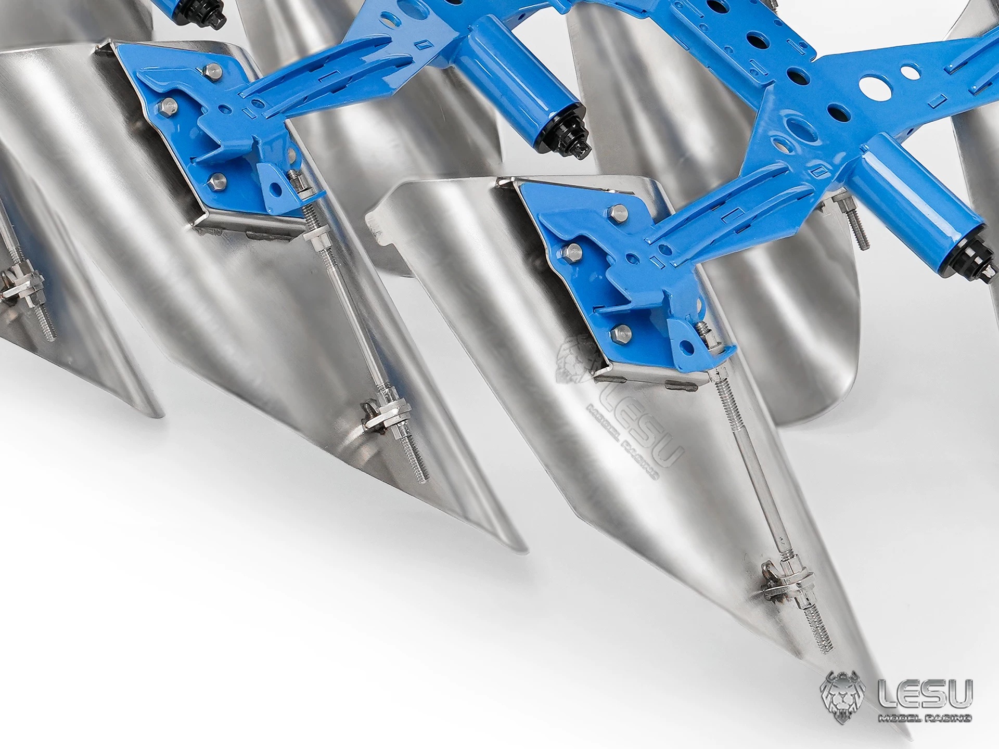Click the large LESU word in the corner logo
click(x=925, y=694)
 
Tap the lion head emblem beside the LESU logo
click(x=843, y=698)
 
